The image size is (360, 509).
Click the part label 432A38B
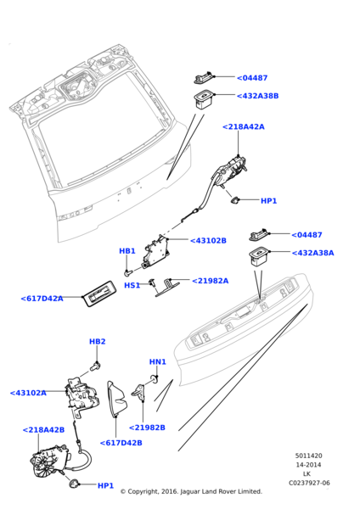point(257,96)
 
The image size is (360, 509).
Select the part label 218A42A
point(244,127)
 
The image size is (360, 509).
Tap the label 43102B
point(208,241)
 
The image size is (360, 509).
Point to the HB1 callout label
point(127,251)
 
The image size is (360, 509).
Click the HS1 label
point(132,285)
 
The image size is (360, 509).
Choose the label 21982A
point(211,281)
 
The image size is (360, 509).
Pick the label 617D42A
point(42,299)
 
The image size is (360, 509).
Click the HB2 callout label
point(98,342)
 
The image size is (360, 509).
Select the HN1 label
point(158,361)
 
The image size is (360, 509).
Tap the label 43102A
point(28,393)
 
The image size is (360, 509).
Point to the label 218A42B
point(43,430)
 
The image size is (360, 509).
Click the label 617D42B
point(121,443)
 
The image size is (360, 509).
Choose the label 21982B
point(147,428)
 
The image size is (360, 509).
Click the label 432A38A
point(313,253)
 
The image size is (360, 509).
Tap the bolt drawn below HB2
point(96,366)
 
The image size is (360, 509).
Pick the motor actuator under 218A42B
point(49,461)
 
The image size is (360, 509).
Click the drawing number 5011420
point(309,456)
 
